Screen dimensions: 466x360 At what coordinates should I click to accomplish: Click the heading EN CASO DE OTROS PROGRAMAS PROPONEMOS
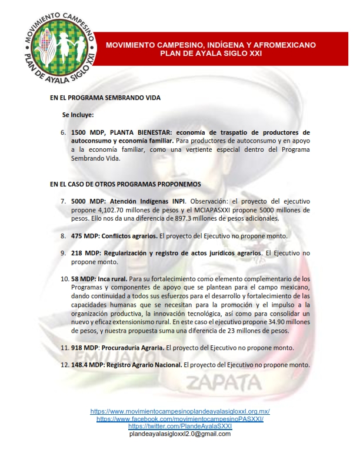pyautogui.click(x=125, y=184)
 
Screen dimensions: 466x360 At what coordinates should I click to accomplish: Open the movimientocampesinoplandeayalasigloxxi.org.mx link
pyautogui.click(x=179, y=411)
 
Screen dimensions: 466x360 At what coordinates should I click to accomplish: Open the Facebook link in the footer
pyautogui.click(x=179, y=419)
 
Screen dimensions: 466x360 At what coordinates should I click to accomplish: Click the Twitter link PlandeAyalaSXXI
pyautogui.click(x=179, y=426)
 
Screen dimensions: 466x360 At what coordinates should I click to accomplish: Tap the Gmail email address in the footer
pyautogui.click(x=179, y=434)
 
